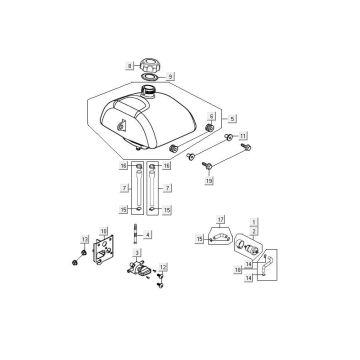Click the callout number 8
pyautogui.click(x=129, y=65)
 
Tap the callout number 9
pyautogui.click(x=170, y=76)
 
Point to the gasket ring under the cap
pyautogui.click(x=149, y=76)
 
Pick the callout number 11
pyautogui.click(x=243, y=135)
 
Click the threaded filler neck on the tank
pyautogui.click(x=152, y=93)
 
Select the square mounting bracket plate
pyautogui.click(x=101, y=256)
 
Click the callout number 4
pyautogui.click(x=149, y=236)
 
